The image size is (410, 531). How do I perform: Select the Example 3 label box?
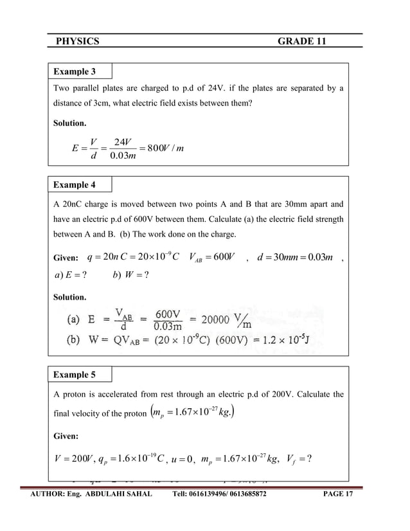click(x=80, y=71)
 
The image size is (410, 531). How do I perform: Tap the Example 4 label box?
click(x=80, y=184)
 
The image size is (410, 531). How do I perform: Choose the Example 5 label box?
click(x=80, y=375)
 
